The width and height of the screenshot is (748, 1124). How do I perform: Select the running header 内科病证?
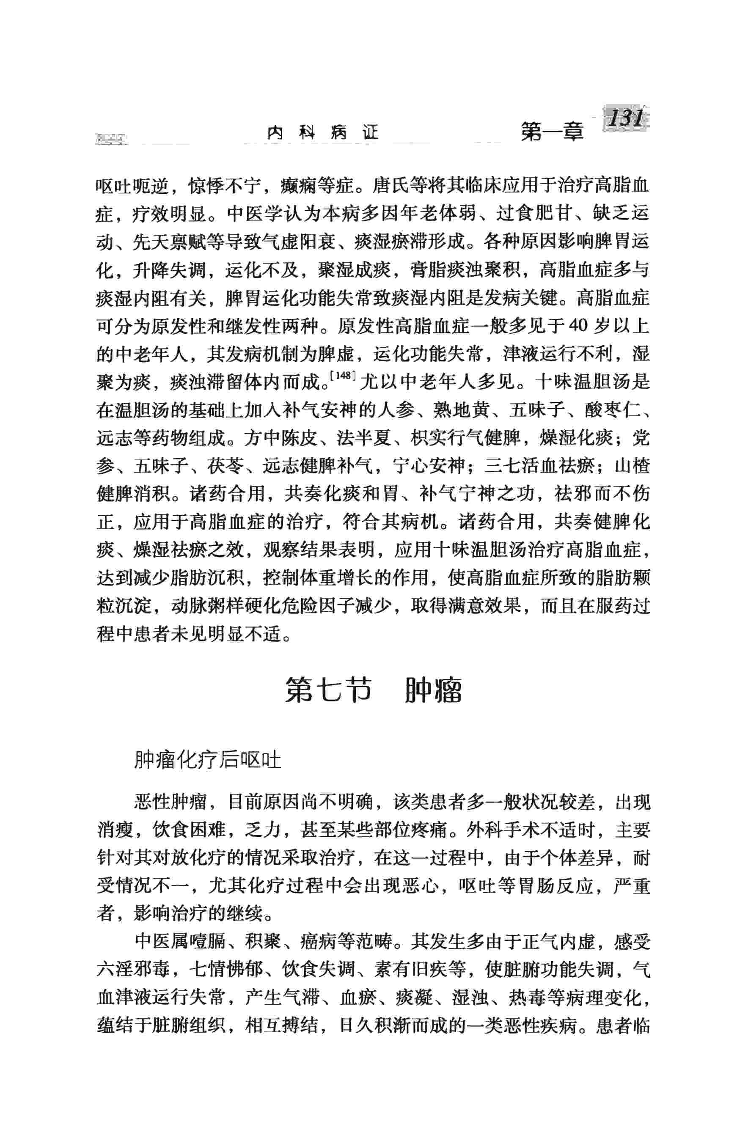pos(322,132)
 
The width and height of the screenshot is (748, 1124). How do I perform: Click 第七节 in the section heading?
pos(328,690)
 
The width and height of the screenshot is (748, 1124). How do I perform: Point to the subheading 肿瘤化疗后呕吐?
pos(207,760)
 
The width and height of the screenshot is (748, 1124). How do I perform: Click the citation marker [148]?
pos(344,375)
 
